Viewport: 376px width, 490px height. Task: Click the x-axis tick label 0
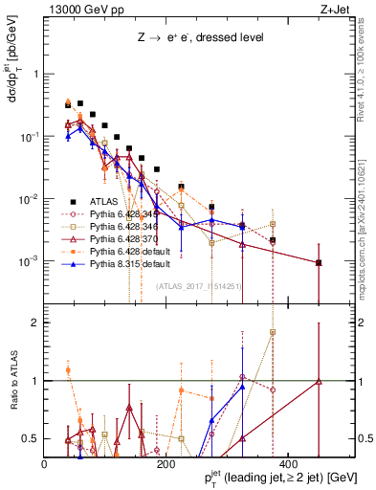[45, 464]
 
